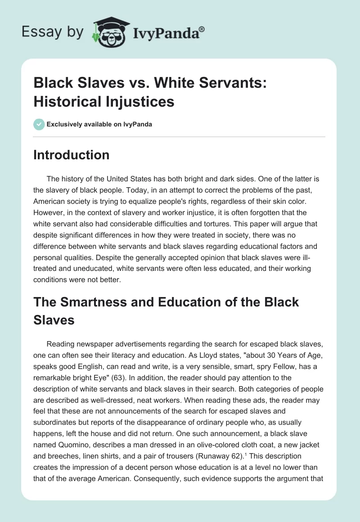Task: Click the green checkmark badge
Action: coord(39,124)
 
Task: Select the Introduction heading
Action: coord(72,155)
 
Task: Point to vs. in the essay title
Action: coord(121,83)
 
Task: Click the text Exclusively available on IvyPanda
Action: coord(99,124)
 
